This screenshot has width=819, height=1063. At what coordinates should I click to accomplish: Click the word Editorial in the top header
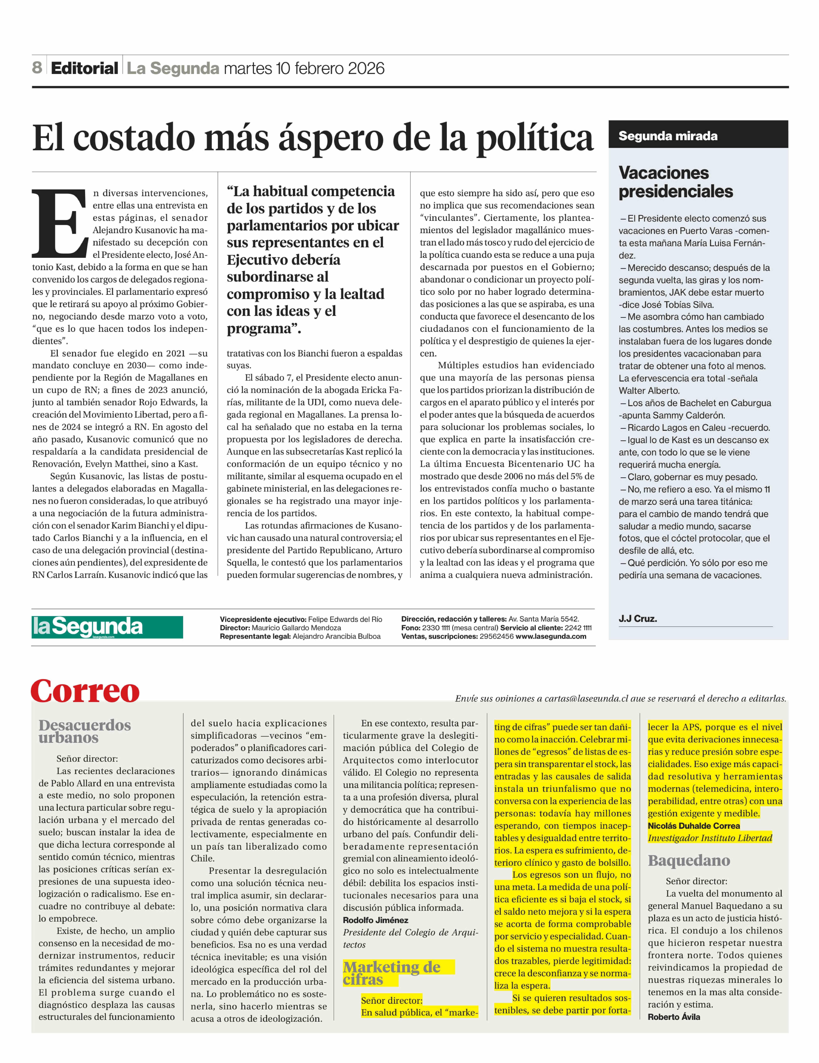coord(85,68)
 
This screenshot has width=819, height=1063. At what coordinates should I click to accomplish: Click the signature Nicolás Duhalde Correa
coord(694,825)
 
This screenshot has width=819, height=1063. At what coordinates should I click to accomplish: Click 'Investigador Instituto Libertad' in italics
coord(710,838)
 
